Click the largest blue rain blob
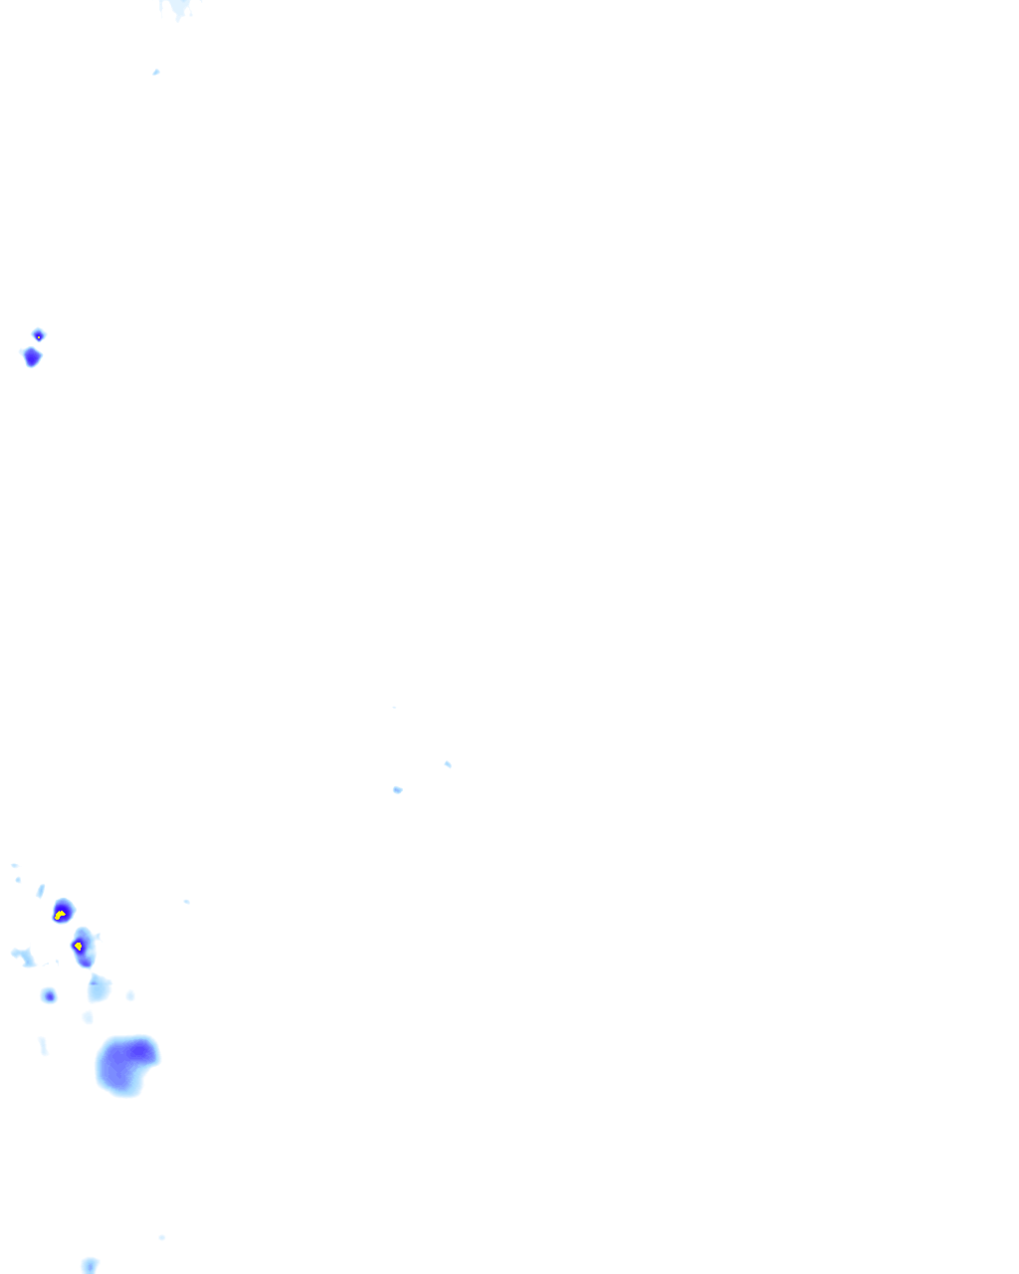[x=125, y=1065]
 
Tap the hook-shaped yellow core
[x=60, y=914]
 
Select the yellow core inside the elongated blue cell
[x=78, y=945]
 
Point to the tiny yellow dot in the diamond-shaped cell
[x=38, y=336]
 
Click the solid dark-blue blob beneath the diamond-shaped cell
[x=32, y=356]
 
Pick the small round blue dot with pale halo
[x=48, y=995]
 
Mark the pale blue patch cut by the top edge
[x=178, y=8]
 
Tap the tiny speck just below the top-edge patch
[x=156, y=72]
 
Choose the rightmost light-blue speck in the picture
[x=448, y=763]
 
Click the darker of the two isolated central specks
[x=397, y=789]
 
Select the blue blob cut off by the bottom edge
[x=90, y=1265]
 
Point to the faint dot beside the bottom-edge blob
[x=161, y=1237]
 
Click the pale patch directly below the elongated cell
[x=98, y=987]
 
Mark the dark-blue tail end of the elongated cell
[x=86, y=960]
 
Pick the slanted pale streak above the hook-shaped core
[x=41, y=890]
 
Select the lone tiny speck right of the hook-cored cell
[x=186, y=902]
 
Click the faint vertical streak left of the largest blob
[x=43, y=1045]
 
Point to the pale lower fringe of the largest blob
[x=123, y=1089]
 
